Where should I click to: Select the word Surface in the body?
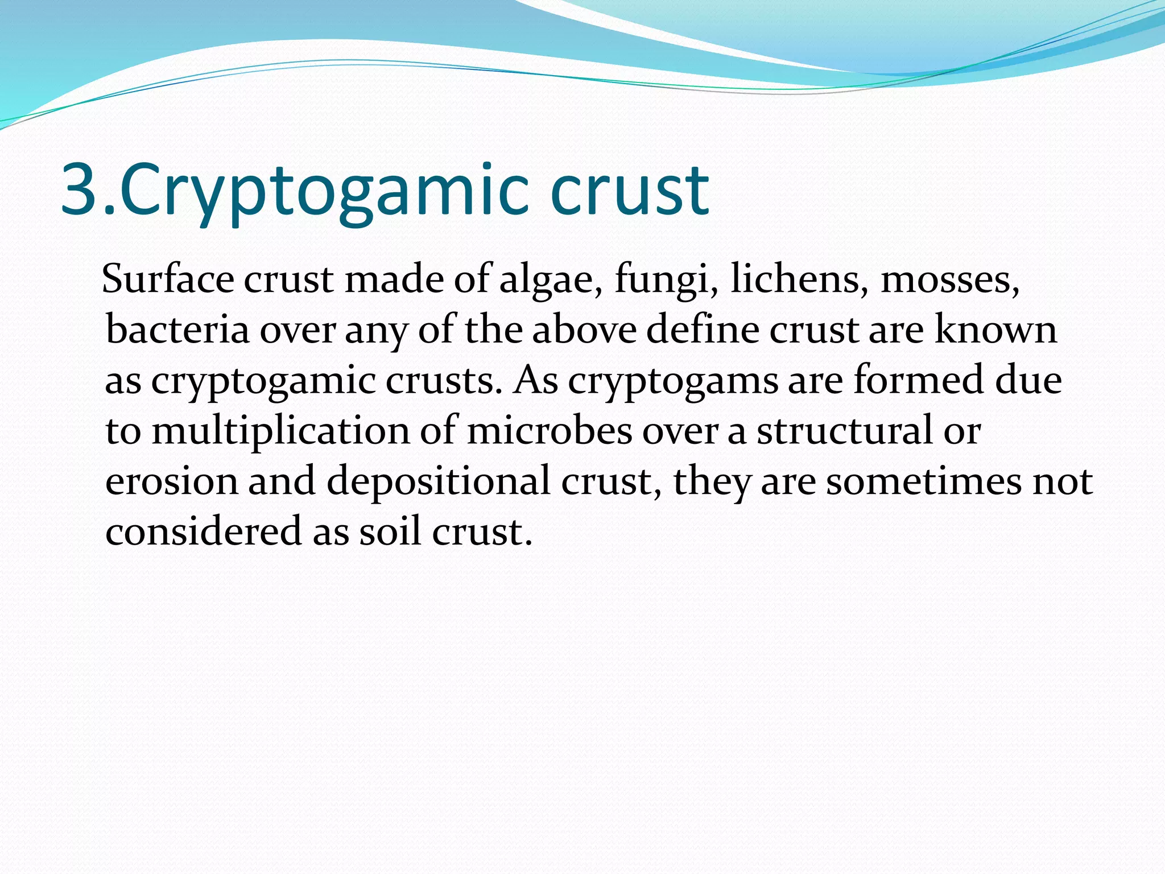click(x=168, y=279)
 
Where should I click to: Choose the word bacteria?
click(x=177, y=329)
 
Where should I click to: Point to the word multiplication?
click(x=280, y=431)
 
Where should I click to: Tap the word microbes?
click(x=549, y=431)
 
